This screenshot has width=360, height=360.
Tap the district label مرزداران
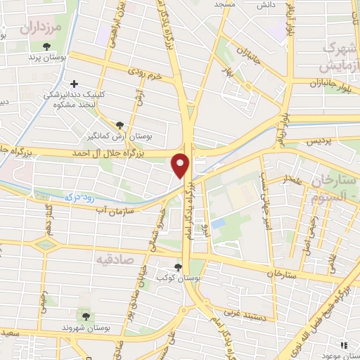(x=41, y=28)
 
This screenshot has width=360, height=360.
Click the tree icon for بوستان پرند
(x=46, y=46)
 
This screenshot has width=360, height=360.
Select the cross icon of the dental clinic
(x=75, y=84)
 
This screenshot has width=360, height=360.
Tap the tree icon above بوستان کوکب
(x=178, y=266)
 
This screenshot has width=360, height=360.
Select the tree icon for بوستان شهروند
(x=86, y=316)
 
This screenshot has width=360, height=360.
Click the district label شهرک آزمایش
(x=337, y=57)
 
